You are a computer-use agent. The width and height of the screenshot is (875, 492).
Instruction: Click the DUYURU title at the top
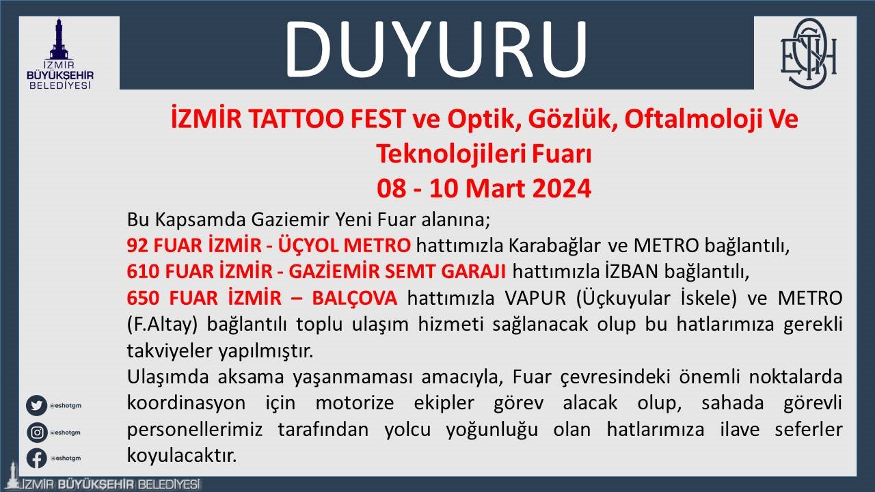click(x=436, y=49)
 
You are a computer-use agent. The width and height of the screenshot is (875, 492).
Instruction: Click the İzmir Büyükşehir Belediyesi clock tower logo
click(x=69, y=53)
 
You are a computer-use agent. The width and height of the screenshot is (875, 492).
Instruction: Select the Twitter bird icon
click(x=36, y=405)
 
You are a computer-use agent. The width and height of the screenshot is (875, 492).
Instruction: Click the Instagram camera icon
click(x=36, y=432)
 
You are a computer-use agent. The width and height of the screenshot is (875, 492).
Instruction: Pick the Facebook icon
click(x=36, y=458)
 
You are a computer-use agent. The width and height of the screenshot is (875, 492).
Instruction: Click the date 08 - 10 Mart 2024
click(x=483, y=188)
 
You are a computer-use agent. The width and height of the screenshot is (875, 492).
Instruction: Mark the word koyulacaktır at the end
click(x=182, y=455)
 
